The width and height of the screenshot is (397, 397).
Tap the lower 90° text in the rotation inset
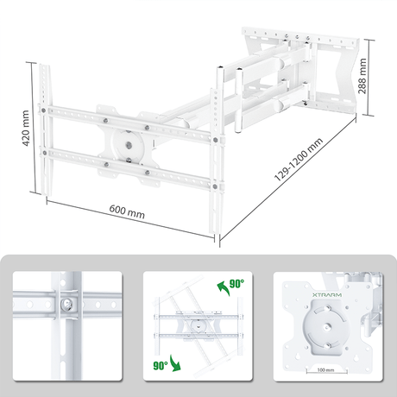pyautogui.click(x=160, y=364)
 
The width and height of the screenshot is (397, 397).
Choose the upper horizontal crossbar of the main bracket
pyautogui.click(x=129, y=118)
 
